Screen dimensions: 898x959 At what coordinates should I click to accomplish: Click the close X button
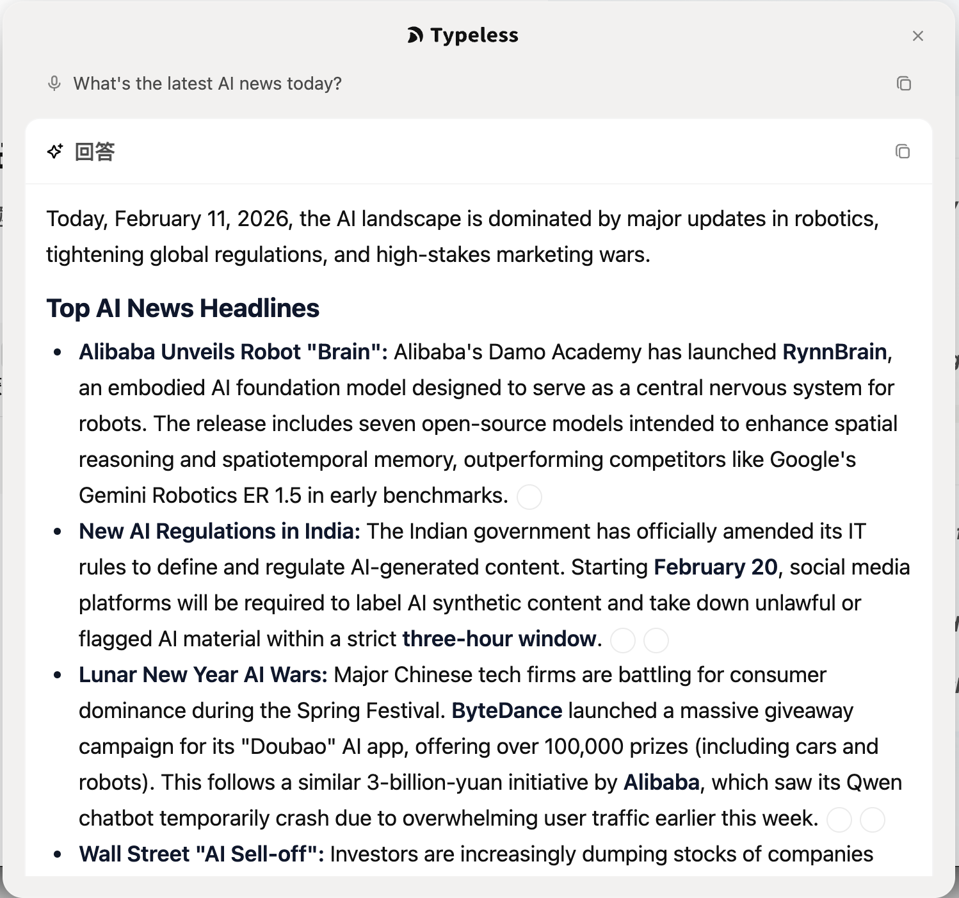click(918, 36)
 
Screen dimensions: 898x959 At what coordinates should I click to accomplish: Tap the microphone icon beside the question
click(54, 83)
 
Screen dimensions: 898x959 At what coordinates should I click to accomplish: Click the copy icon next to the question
click(904, 83)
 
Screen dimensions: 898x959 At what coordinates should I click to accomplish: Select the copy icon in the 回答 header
click(903, 151)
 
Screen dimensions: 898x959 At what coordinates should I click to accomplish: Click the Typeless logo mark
click(415, 35)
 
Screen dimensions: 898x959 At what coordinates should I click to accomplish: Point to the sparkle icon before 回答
click(55, 151)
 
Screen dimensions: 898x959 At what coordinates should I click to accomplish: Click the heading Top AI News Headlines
click(182, 308)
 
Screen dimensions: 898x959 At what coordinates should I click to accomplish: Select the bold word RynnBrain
click(834, 352)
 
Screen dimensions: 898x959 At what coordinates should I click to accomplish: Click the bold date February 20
click(715, 567)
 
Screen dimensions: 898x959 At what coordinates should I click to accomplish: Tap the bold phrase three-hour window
click(499, 639)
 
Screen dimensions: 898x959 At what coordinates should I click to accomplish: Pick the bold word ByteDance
click(506, 710)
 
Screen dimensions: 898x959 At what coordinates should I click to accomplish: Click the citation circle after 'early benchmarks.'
click(529, 496)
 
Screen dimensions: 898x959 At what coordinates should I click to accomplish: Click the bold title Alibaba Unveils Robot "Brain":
click(233, 352)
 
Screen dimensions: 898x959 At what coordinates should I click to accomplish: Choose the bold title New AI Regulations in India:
click(220, 531)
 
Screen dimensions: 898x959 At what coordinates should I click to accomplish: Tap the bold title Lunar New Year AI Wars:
click(203, 674)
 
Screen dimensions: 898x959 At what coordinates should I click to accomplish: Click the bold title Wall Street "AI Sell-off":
click(201, 854)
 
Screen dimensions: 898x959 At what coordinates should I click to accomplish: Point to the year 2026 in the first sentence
click(262, 218)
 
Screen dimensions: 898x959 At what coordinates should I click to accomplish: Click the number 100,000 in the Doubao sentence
click(583, 746)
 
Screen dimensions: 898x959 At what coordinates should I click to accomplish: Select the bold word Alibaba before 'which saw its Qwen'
click(661, 782)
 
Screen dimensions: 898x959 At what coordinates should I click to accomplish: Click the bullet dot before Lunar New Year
click(58, 675)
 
